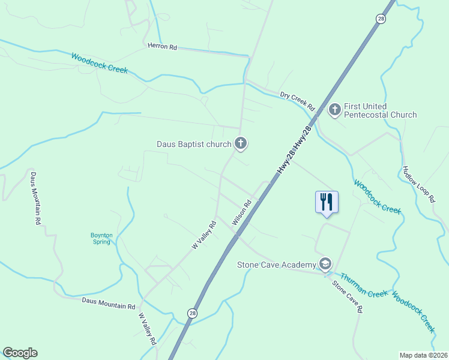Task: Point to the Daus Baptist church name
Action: pyautogui.click(x=193, y=144)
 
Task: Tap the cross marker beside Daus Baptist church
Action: pyautogui.click(x=241, y=143)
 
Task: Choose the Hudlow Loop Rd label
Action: pyautogui.click(x=418, y=184)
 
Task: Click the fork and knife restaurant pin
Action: pyautogui.click(x=327, y=202)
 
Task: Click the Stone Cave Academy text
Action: pyautogui.click(x=276, y=265)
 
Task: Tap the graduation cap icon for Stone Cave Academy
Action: pyautogui.click(x=325, y=264)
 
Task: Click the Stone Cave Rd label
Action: pyautogui.click(x=348, y=296)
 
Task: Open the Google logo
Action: pyautogui.click(x=20, y=353)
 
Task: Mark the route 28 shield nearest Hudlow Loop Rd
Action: pyautogui.click(x=381, y=19)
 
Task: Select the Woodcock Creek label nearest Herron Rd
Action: pyautogui.click(x=99, y=63)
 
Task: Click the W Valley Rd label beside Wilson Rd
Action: pyautogui.click(x=204, y=236)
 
